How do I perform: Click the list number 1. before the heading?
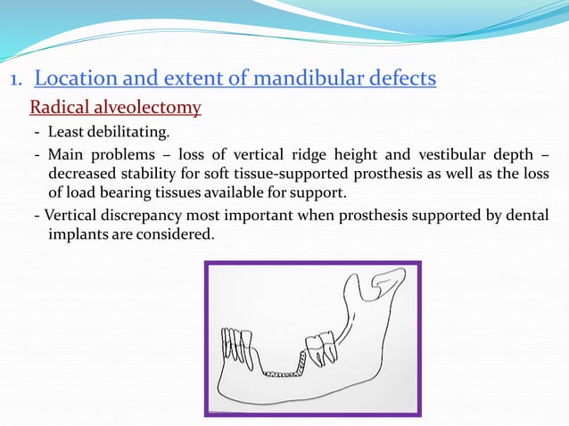point(16,81)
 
